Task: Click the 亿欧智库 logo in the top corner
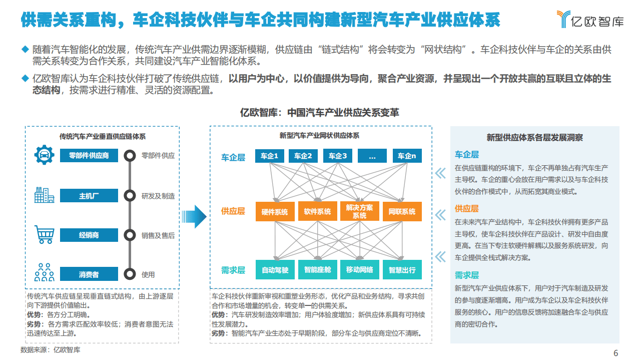click(590, 19)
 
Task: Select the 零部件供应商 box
click(89, 156)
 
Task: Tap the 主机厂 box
click(89, 196)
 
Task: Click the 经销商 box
click(89, 235)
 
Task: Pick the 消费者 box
click(89, 274)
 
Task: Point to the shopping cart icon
click(44, 234)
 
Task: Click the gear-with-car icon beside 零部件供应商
click(44, 155)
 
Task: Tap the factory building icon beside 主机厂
click(44, 195)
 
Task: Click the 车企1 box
click(269, 156)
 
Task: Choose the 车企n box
click(407, 156)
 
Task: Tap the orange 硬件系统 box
click(275, 212)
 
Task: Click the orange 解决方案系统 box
click(359, 212)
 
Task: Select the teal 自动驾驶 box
click(275, 270)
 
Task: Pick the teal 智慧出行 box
click(402, 270)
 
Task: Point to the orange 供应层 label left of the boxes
click(233, 211)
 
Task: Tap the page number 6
click(616, 352)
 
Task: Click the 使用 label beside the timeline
click(148, 274)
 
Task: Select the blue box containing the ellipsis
click(372, 156)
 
